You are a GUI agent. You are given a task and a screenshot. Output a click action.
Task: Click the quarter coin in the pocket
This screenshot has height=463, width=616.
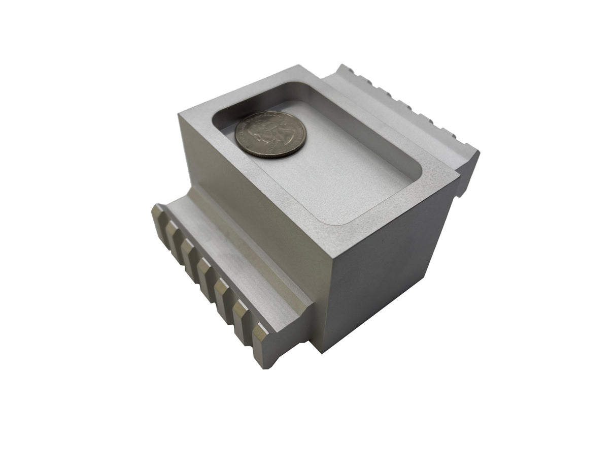point(271,135)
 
